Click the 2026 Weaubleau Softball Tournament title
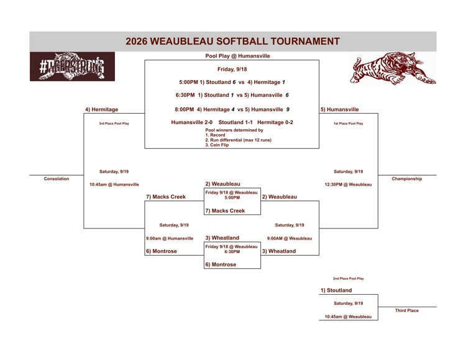click(x=232, y=41)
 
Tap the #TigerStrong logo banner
click(x=72, y=66)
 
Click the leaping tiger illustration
click(x=393, y=68)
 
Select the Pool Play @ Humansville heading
click(x=237, y=56)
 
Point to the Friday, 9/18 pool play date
click(x=232, y=69)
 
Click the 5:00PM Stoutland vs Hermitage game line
click(x=232, y=82)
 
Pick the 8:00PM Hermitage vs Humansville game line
click(x=232, y=109)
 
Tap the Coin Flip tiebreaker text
click(x=217, y=145)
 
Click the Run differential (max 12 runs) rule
click(x=239, y=140)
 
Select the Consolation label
click(x=57, y=179)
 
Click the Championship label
click(x=407, y=179)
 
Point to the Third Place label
click(x=407, y=310)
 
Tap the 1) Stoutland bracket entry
click(x=336, y=290)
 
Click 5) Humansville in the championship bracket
click(x=340, y=109)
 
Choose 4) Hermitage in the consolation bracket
click(x=102, y=109)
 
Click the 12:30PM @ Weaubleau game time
click(x=349, y=184)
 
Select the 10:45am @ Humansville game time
click(x=114, y=184)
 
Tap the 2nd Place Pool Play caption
click(x=349, y=279)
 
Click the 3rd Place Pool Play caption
click(x=114, y=123)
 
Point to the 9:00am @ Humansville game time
click(x=170, y=238)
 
